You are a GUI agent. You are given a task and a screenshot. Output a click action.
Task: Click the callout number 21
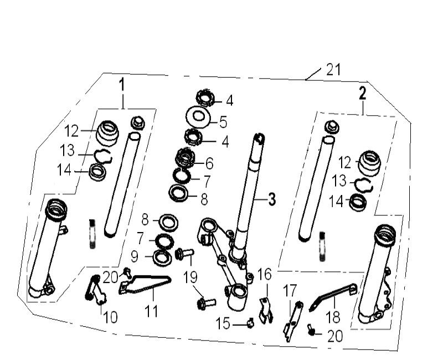pos(333,70)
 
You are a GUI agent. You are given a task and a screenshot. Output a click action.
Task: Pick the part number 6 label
pos(209,163)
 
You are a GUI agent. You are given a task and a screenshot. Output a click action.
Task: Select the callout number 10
pos(110,317)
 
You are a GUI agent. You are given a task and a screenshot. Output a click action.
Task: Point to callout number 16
pos(265,274)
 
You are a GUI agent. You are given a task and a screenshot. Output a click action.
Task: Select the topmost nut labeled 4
pos(207,100)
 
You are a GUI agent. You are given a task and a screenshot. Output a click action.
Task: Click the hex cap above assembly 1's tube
pos(137,122)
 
